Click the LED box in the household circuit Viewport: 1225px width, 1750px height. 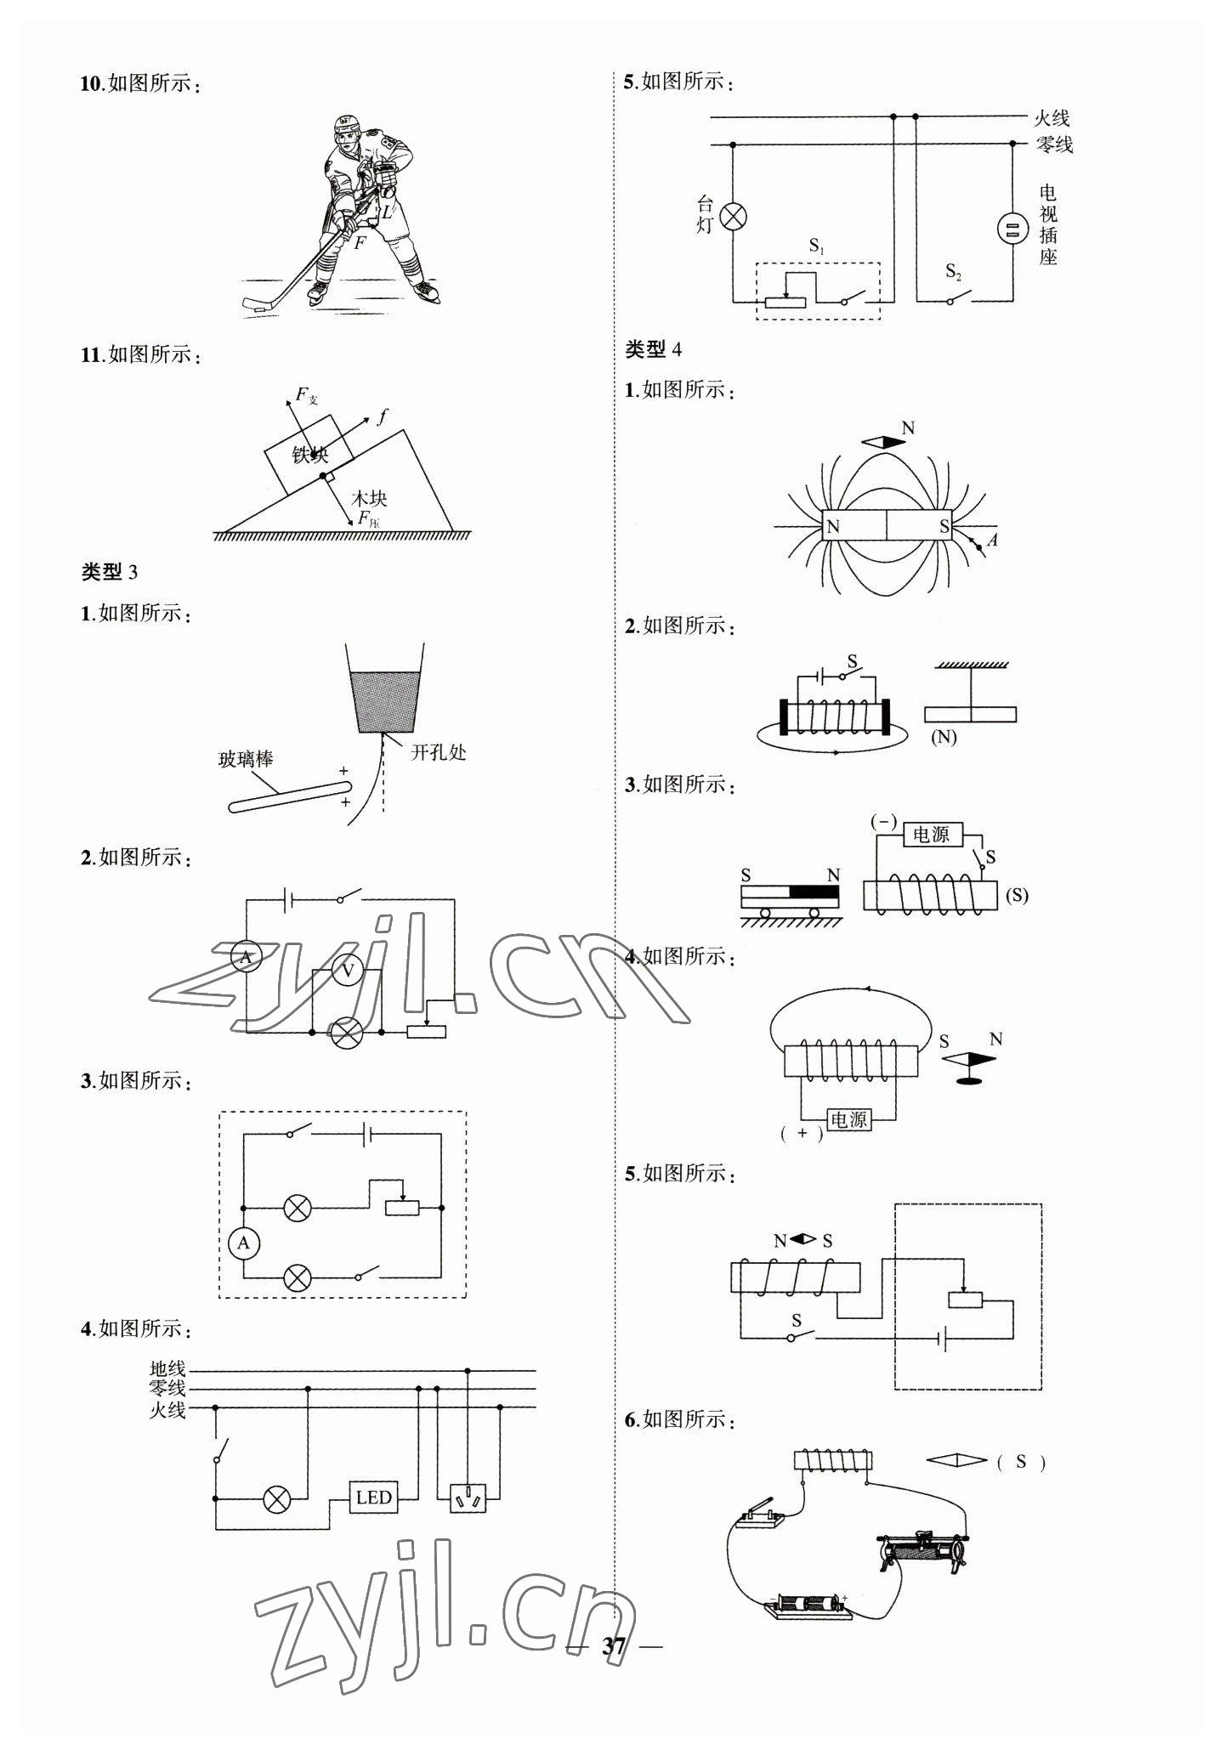[x=373, y=1497]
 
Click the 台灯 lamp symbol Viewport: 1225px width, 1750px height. [x=733, y=217]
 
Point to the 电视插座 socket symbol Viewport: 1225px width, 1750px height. [x=1012, y=229]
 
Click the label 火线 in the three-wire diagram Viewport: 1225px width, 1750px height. [x=167, y=1411]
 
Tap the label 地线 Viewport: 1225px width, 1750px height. [x=167, y=1369]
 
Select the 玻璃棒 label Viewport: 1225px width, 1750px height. [x=246, y=759]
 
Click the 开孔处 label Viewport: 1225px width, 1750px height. [x=439, y=752]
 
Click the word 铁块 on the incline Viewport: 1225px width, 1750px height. [x=310, y=456]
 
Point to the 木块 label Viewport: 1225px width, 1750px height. [x=370, y=498]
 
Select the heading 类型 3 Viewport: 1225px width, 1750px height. [x=109, y=572]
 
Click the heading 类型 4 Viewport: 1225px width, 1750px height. [x=653, y=349]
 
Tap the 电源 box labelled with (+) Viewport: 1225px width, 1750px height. [x=848, y=1119]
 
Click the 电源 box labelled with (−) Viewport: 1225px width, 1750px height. [x=931, y=835]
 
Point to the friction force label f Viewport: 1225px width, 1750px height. [x=383, y=416]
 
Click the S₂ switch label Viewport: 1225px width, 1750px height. [x=954, y=272]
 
